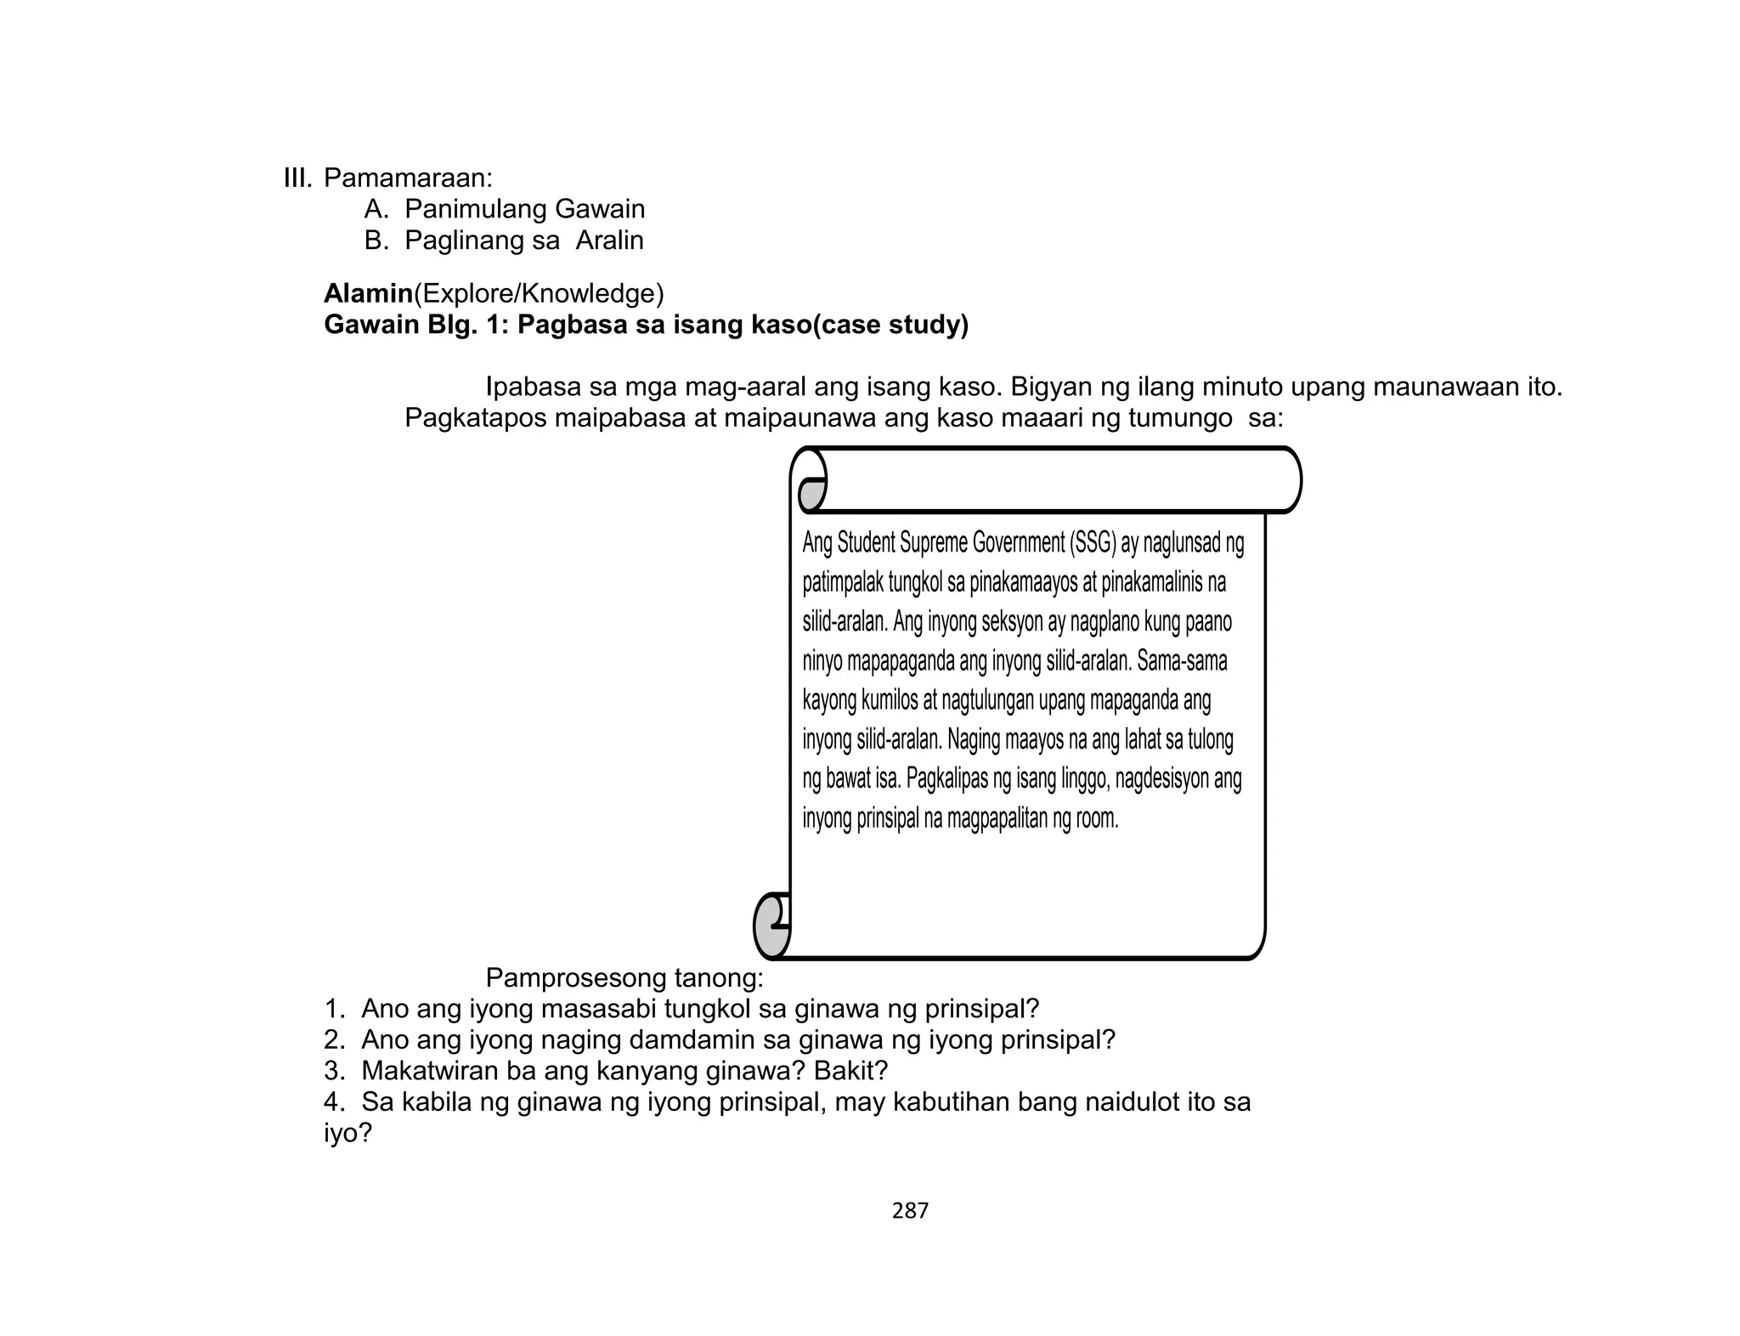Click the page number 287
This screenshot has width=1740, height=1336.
[x=910, y=1211]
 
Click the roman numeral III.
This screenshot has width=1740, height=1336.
[x=297, y=178]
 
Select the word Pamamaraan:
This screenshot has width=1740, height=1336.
[x=408, y=178]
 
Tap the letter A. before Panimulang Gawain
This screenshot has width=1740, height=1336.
[x=376, y=209]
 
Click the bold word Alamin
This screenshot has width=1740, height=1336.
[x=368, y=294]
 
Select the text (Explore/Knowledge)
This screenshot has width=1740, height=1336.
[x=539, y=294]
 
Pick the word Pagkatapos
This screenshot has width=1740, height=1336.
[x=473, y=419]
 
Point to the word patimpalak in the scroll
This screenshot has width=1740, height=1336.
[x=842, y=583]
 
